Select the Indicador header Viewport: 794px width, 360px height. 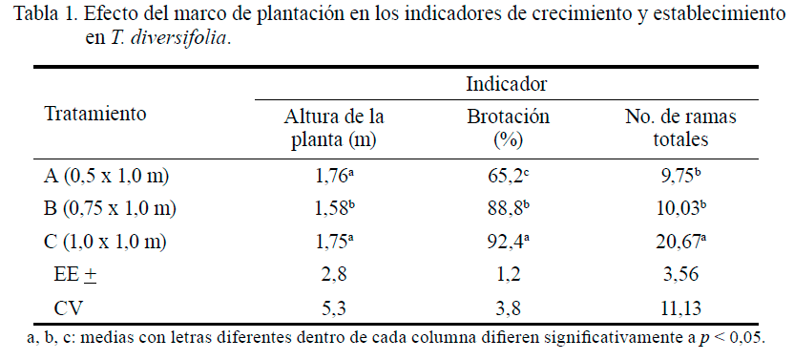point(506,83)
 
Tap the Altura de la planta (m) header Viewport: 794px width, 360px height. point(334,127)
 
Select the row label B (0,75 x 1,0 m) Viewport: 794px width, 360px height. point(111,208)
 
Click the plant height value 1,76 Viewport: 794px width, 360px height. point(333,176)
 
